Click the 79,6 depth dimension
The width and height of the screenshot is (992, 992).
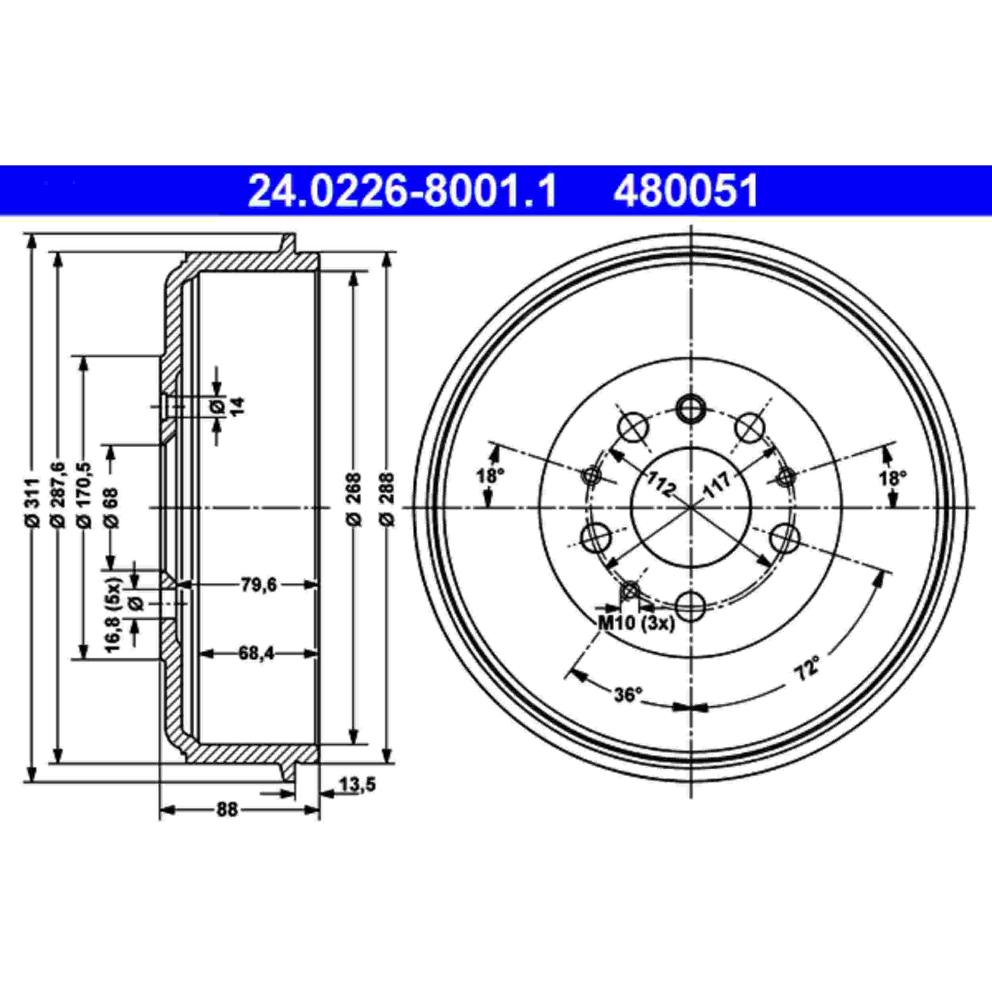click(x=258, y=584)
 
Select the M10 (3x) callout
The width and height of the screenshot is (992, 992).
click(x=636, y=624)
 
